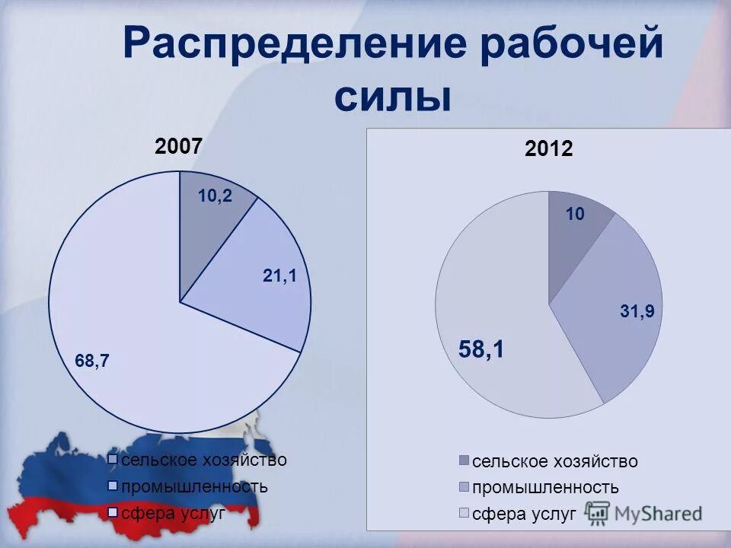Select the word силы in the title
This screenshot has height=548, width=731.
point(392,97)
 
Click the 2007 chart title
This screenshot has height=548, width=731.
point(179,145)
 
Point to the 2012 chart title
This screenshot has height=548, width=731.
point(548,150)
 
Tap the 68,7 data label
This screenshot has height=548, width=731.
point(92,362)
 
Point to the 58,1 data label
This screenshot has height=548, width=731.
point(481,349)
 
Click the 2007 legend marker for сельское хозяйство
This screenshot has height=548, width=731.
point(113,459)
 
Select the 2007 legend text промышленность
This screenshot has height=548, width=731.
point(195,486)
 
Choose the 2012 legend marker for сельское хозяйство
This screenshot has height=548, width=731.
point(464,460)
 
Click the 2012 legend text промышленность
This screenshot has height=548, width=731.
point(545,487)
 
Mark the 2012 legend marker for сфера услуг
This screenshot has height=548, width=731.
point(464,513)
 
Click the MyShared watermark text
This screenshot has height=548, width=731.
point(659,514)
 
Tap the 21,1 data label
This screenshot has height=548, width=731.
point(279,277)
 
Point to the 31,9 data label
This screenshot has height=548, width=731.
point(638,311)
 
